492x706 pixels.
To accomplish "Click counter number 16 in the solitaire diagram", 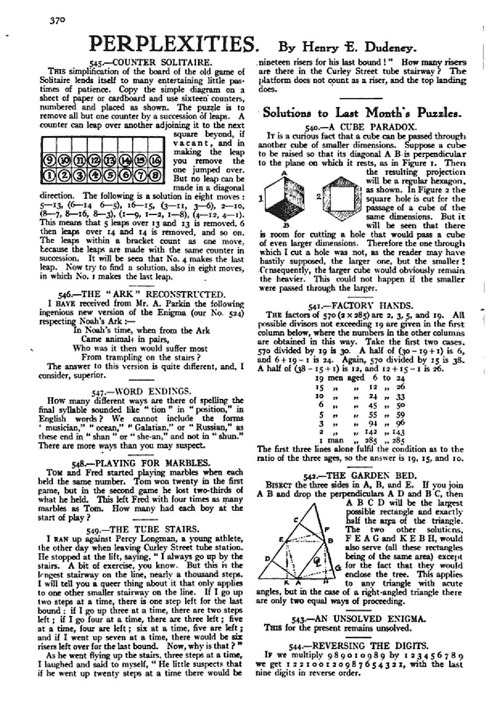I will pos(155,161).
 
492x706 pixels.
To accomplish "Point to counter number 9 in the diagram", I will pos(47,161).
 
